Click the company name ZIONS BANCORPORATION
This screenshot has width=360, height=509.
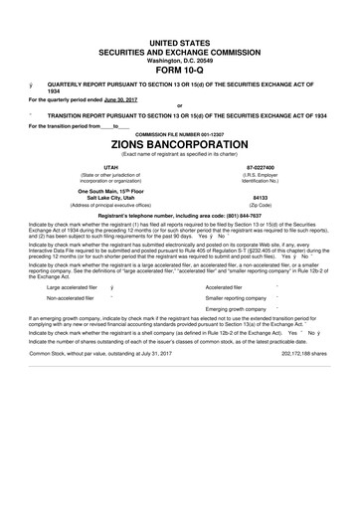[x=179, y=143]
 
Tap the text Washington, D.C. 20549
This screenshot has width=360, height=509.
[x=179, y=58]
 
